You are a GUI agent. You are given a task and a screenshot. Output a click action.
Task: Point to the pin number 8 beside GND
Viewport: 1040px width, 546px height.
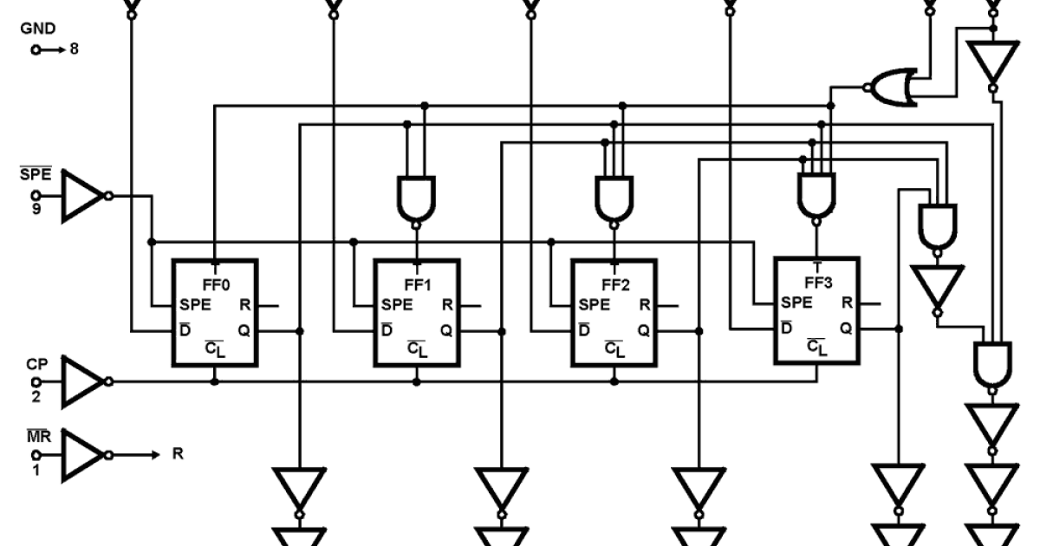click(x=74, y=50)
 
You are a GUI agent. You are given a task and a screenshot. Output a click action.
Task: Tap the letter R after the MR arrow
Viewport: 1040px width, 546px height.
click(x=177, y=453)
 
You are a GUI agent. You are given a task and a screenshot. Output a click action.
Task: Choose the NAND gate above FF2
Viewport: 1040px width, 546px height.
click(x=614, y=198)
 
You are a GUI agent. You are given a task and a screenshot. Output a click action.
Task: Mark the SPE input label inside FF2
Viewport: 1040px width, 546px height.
click(x=594, y=305)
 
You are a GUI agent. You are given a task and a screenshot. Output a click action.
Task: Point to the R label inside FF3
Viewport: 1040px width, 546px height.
click(x=844, y=303)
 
